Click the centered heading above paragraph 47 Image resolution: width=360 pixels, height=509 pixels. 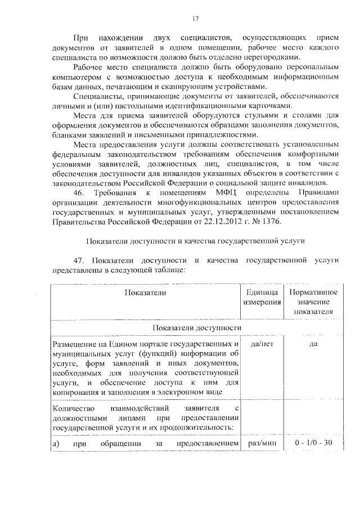tap(195, 242)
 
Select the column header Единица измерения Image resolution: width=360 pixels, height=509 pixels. tap(262, 298)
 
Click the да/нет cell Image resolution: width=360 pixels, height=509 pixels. tap(262, 345)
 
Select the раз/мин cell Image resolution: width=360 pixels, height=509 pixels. tap(262, 443)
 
